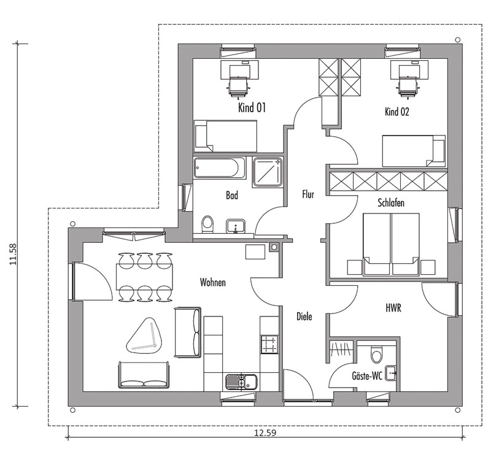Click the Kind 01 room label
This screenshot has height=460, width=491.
coord(252,108)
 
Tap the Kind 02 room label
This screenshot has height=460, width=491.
coord(396,112)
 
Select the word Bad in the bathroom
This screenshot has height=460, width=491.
coord(232,196)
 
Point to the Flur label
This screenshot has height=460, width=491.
coord(308,194)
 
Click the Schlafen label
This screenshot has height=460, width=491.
coord(391,203)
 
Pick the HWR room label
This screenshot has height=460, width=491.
coord(393,309)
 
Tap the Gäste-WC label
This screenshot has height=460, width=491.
coord(367,376)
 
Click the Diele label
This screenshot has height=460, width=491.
coord(304,316)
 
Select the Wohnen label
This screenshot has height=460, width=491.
coord(212,282)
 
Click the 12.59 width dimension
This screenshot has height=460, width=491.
coord(265,433)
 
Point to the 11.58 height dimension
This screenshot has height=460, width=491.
coord(13,254)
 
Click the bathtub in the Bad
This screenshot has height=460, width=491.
coord(219,168)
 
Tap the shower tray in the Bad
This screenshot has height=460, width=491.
coord(268,172)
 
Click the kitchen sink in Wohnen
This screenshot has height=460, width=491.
coord(241,381)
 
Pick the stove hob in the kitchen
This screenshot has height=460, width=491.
coord(269,345)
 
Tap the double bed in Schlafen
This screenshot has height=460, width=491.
coord(391,245)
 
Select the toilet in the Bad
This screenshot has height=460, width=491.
coord(207,224)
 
